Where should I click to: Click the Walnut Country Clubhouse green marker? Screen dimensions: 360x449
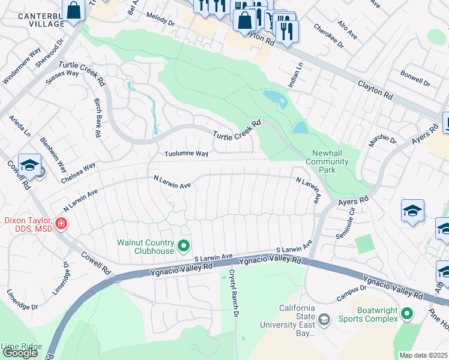184,246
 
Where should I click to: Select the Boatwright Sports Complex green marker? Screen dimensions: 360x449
407,314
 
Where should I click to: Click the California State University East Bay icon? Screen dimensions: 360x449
324,319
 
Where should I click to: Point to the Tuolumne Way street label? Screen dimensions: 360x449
187,154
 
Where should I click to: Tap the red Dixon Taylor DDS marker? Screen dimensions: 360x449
61,224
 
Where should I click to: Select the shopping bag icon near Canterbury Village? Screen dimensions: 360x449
74,11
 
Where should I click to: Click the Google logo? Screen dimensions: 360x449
20,353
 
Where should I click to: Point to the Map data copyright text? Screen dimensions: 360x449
424,355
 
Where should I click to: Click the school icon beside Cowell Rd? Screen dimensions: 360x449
29,165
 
